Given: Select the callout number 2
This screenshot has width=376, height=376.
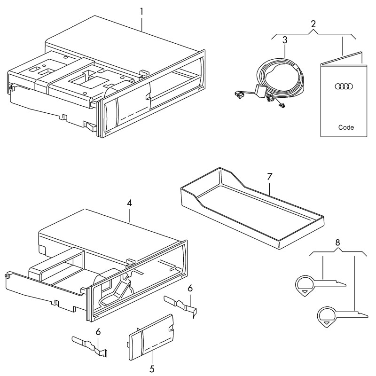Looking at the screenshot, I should pyautogui.click(x=313, y=23).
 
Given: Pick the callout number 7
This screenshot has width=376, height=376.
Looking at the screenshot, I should pyautogui.click(x=270, y=178).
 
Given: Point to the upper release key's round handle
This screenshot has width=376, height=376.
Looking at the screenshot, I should pyautogui.click(x=305, y=286).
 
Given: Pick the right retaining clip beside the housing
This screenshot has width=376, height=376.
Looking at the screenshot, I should pyautogui.click(x=181, y=305).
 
